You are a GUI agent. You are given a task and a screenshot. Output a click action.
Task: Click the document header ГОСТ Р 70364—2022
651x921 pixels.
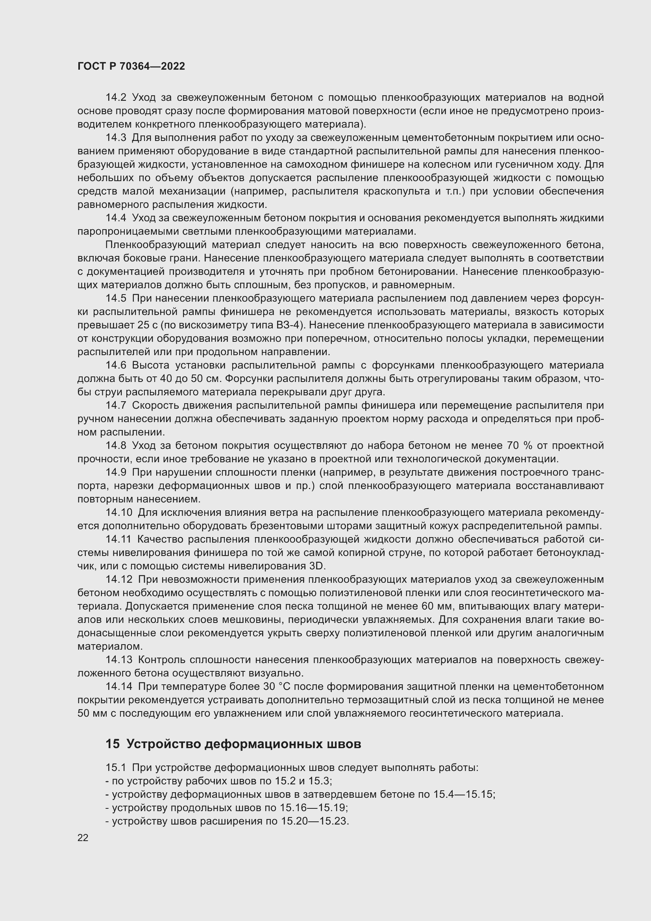[131, 67]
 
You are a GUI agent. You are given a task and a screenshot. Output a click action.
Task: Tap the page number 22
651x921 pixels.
[83, 838]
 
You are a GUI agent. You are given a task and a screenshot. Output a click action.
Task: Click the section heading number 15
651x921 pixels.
[112, 744]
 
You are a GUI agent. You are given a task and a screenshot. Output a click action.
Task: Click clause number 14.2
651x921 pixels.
[116, 98]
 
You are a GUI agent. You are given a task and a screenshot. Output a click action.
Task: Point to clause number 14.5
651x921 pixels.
[116, 298]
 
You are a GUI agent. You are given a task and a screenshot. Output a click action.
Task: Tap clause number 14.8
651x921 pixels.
[116, 446]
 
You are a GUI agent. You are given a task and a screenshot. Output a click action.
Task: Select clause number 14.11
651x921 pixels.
[118, 539]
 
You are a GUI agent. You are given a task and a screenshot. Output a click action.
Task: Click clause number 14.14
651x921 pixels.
[118, 687]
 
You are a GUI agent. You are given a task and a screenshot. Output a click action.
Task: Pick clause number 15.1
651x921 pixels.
[116, 768]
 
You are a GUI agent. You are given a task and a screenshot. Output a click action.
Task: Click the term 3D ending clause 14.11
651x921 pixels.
[318, 566]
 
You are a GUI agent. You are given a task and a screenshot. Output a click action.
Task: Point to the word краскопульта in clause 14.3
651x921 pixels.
[396, 191]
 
